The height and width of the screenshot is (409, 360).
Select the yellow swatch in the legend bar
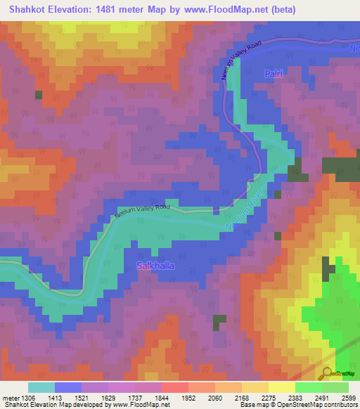click(281, 387)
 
